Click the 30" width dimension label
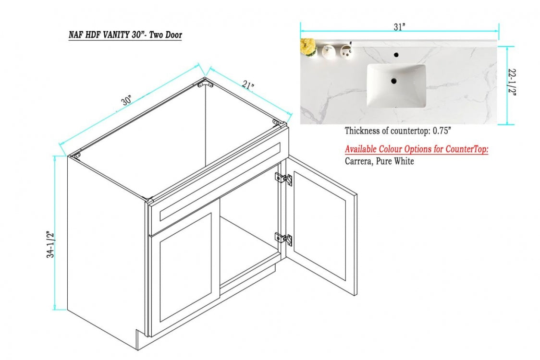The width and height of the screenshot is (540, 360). point(127,100)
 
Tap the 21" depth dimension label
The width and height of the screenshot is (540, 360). point(248,84)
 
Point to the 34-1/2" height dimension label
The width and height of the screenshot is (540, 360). point(50,244)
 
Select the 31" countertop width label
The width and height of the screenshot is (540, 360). point(399,27)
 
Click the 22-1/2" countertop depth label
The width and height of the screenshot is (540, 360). point(512,83)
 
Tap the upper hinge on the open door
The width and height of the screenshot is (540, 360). point(283,179)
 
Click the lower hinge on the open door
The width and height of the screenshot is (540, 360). point(283,238)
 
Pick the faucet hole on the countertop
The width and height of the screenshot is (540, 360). point(396,54)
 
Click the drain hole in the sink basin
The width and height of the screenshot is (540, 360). point(393,81)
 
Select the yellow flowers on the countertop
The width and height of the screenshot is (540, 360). point(307,47)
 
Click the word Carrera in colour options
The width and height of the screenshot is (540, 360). point(358,161)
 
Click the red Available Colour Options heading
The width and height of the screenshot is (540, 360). point(417,149)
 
